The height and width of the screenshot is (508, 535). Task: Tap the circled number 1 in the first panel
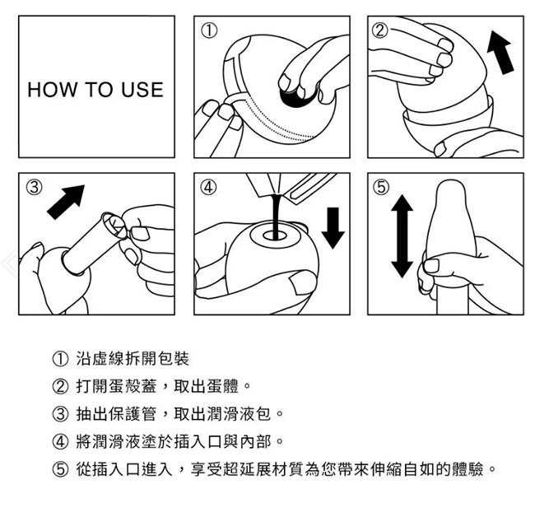pyautogui.click(x=209, y=31)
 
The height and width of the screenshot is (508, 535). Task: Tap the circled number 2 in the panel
pyautogui.click(x=380, y=31)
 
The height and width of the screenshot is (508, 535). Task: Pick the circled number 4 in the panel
pyautogui.click(x=208, y=188)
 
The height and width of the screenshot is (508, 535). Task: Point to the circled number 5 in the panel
pyautogui.click(x=381, y=188)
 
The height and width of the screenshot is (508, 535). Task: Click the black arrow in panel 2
pyautogui.click(x=500, y=52)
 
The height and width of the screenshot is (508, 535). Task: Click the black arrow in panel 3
pyautogui.click(x=66, y=202)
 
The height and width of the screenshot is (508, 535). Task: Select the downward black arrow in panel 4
pyautogui.click(x=333, y=228)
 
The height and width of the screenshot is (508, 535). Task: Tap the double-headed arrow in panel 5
pyautogui.click(x=402, y=236)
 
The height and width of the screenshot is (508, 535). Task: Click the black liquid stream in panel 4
pyautogui.click(x=276, y=216)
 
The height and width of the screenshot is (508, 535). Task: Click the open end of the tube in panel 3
pyautogui.click(x=113, y=225)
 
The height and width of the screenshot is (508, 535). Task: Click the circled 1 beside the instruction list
pyautogui.click(x=60, y=359)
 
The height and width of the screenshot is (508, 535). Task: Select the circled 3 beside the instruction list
pyautogui.click(x=60, y=414)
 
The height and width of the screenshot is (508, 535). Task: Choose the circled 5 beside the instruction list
pyautogui.click(x=60, y=470)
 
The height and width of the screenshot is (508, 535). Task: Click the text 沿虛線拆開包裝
pyautogui.click(x=133, y=359)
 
